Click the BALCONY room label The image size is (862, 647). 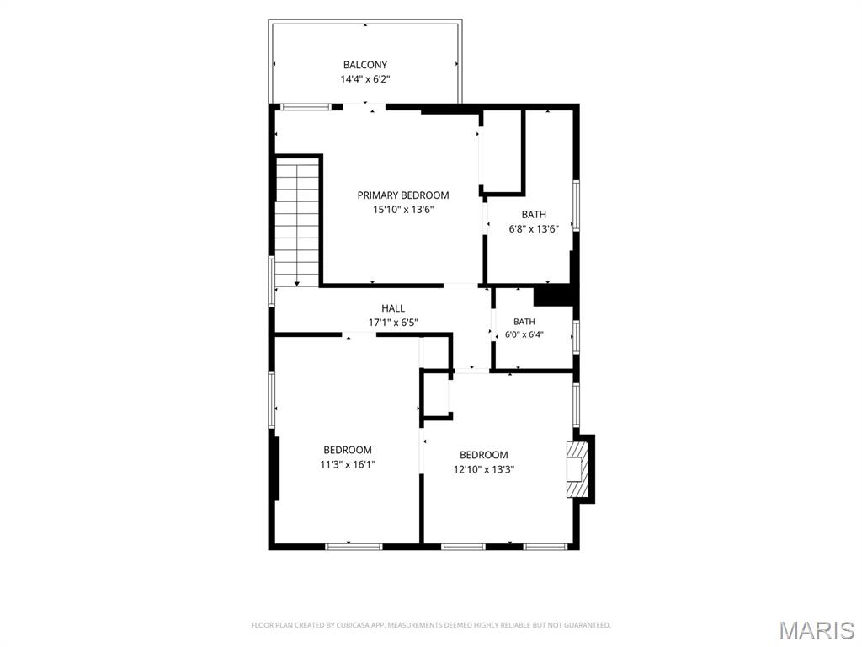point(365,64)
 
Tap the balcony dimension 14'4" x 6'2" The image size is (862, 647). point(365,79)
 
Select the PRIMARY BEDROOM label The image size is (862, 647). point(403,195)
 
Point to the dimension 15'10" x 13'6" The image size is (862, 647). point(403,210)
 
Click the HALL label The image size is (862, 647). point(393,308)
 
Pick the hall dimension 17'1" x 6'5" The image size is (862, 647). point(393,323)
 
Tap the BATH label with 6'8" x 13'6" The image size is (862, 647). point(534,215)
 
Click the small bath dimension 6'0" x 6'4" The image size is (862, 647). point(524,334)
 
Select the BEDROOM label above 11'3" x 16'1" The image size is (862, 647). point(348,450)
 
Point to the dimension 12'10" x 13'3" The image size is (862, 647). point(484,470)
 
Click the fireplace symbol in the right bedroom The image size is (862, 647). point(577,468)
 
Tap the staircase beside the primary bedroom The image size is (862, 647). point(297,222)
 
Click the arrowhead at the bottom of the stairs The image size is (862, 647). point(297,284)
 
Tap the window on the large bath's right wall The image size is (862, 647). point(576,205)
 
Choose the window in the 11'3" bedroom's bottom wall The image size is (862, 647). point(354,547)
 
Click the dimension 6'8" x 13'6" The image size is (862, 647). point(534,229)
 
